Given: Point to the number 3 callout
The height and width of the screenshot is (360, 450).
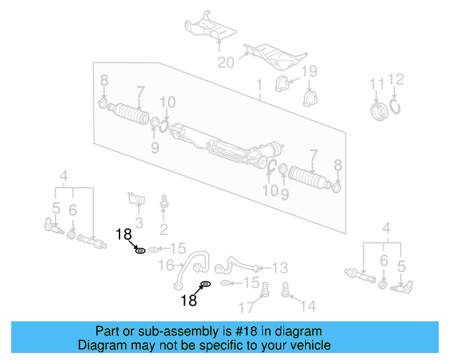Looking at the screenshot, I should pyautogui.click(x=139, y=224).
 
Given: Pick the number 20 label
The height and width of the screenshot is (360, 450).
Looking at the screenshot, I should pyautogui.click(x=225, y=63).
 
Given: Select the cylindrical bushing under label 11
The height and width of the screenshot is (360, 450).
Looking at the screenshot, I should pyautogui.click(x=380, y=111).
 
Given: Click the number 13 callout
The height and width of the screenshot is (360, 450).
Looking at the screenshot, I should pyautogui.click(x=279, y=267).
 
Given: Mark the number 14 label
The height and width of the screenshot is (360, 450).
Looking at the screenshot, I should pyautogui.click(x=307, y=306).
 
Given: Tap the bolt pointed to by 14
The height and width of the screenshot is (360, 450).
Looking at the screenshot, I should pyautogui.click(x=286, y=289).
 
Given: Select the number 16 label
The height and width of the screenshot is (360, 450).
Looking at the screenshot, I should pyautogui.click(x=166, y=266).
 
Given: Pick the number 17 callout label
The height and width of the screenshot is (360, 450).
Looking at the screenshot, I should pyautogui.click(x=245, y=307).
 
